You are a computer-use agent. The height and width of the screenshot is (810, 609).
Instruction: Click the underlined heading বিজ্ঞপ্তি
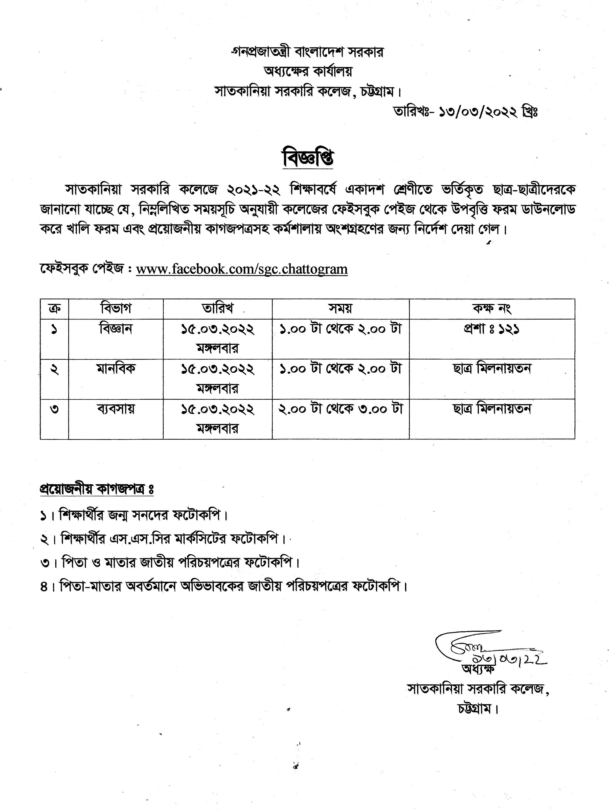click(308, 159)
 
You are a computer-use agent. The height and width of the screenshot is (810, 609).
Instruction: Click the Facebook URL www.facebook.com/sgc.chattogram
click(242, 269)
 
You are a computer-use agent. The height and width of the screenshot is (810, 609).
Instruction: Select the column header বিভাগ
click(116, 308)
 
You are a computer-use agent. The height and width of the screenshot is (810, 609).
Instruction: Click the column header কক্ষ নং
click(491, 308)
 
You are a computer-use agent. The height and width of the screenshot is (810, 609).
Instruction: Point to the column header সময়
click(340, 308)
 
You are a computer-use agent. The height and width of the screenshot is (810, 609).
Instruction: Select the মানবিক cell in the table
click(116, 368)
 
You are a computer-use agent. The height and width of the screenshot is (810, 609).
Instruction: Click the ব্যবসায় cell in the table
click(116, 408)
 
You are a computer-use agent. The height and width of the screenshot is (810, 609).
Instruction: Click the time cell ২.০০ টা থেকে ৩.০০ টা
click(341, 408)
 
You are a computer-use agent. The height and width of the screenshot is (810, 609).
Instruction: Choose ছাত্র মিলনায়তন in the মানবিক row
click(491, 368)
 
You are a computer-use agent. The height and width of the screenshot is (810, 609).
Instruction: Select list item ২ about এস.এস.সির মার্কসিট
click(163, 539)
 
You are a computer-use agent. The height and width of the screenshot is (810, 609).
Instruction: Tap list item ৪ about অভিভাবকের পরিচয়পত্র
click(223, 586)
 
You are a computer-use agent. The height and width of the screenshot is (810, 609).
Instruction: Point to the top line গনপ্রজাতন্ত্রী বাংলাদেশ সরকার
click(307, 52)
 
